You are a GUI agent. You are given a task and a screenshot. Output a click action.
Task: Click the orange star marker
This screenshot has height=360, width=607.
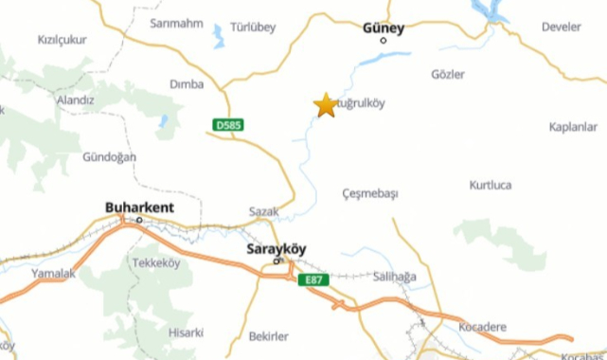(325, 105)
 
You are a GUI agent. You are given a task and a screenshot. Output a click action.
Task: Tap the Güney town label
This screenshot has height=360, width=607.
(384, 27)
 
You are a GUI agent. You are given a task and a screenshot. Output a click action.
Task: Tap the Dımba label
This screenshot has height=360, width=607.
(186, 84)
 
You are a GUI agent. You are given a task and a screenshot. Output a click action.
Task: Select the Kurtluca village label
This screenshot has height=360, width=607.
(490, 185)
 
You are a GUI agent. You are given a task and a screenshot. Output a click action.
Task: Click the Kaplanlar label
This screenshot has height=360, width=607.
(573, 126)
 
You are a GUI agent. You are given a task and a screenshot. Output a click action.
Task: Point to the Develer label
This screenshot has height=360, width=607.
(562, 27)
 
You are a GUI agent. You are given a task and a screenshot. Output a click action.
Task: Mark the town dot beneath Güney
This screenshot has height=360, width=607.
(384, 41)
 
